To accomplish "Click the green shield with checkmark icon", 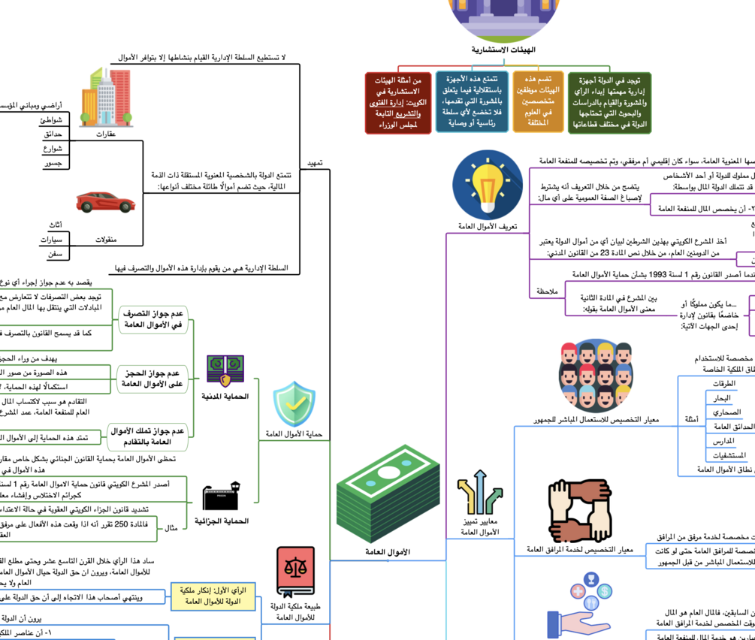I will tap(294, 403).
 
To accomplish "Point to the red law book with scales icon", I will tap(295, 572).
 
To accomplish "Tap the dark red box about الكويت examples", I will tap(398, 103).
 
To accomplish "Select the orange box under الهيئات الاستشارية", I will tap(538, 101).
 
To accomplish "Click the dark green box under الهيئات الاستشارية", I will tap(610, 103).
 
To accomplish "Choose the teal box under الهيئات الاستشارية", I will tap(472, 102).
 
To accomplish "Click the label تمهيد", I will tap(316, 162).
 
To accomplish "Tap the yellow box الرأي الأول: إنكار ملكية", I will tap(213, 596).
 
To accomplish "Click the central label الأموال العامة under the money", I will tap(388, 552).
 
